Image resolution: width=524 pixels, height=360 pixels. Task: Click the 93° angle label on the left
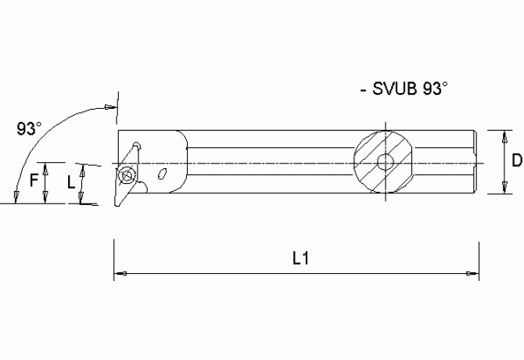(29, 128)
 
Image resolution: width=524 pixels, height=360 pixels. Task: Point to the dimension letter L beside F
(71, 182)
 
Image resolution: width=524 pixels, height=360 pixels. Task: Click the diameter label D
(515, 161)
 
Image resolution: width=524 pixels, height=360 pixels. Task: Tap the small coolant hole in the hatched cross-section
(385, 163)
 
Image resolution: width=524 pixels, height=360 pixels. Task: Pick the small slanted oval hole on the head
(163, 174)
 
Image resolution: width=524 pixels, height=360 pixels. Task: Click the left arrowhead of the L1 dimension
(120, 273)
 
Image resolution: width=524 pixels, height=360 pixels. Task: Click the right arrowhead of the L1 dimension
(472, 273)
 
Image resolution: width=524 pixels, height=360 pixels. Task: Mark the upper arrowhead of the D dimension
(504, 135)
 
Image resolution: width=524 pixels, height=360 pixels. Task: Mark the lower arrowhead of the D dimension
(504, 188)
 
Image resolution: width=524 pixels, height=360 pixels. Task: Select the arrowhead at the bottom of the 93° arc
(14, 196)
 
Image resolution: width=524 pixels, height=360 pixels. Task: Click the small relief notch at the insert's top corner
(136, 145)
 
